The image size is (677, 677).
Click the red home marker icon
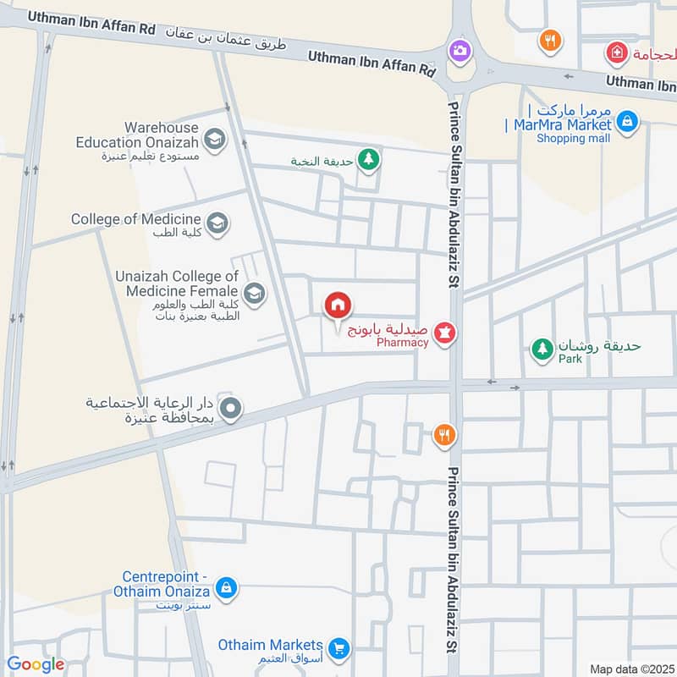point(338,305)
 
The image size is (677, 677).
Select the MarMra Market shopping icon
point(626,122)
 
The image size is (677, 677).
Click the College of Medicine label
point(135,219)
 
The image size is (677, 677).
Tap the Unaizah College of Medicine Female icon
point(254,294)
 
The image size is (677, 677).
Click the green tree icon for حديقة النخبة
point(368,157)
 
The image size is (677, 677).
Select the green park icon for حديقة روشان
point(542,347)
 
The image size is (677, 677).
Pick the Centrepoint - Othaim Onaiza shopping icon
point(226,586)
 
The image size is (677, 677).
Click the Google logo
point(36,664)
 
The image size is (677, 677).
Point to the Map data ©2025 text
point(630,669)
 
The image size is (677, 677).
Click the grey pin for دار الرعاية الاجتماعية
point(234,410)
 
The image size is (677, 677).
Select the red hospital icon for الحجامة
point(616,53)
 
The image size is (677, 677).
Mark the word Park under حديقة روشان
point(570,359)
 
